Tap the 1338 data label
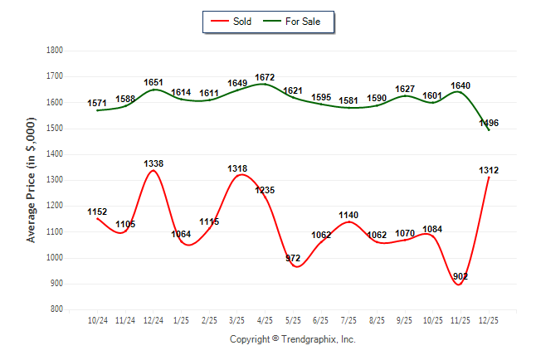click(x=153, y=163)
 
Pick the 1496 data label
click(x=489, y=123)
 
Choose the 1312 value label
click(x=489, y=170)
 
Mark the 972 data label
click(x=293, y=258)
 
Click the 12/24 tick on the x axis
click(x=153, y=319)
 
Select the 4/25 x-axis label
click(x=266, y=319)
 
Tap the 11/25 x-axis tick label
click(x=461, y=319)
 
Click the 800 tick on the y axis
click(x=57, y=309)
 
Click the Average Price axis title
click(x=32, y=180)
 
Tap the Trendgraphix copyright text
click(x=292, y=339)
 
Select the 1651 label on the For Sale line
click(x=153, y=82)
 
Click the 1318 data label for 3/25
click(x=237, y=168)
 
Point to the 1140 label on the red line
click(x=349, y=215)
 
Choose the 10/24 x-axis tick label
click(x=97, y=319)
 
